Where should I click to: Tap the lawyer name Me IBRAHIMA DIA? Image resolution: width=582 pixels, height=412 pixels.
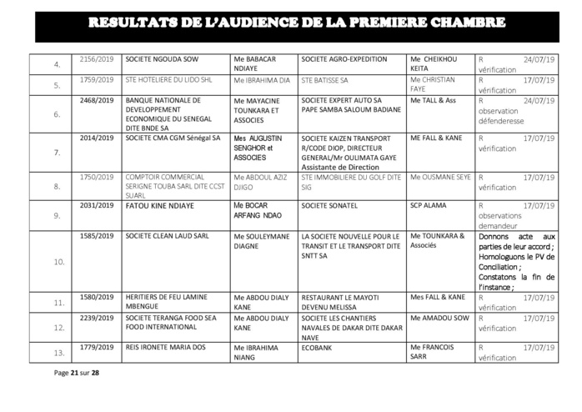262,85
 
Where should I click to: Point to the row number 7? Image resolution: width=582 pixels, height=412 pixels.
57,153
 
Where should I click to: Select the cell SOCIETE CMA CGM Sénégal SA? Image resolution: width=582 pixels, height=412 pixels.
173,136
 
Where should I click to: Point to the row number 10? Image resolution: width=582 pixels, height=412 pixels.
57,261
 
